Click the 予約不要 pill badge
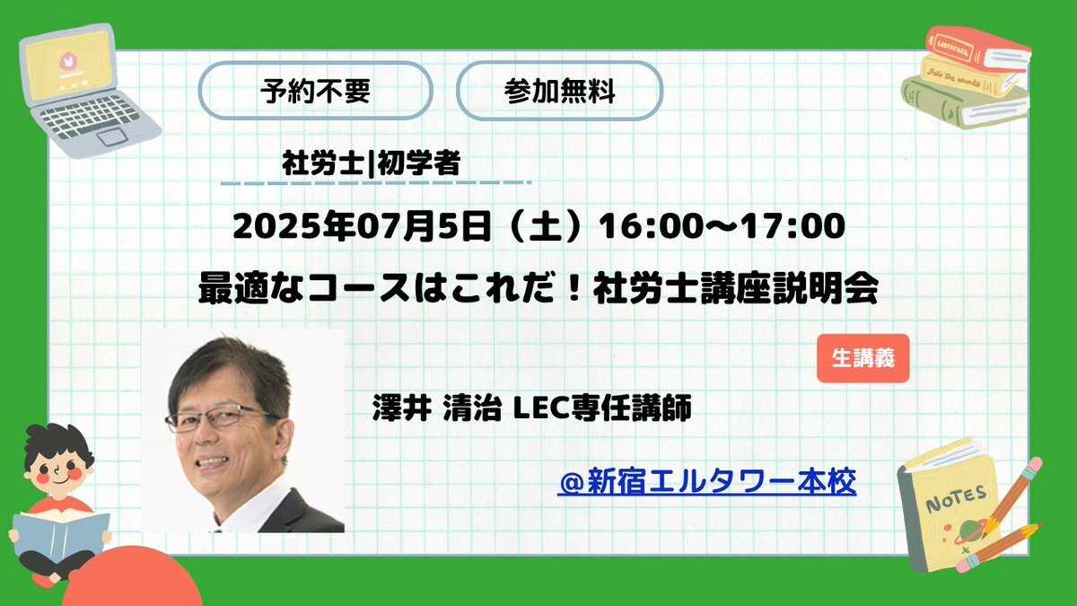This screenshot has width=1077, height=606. coord(315,91)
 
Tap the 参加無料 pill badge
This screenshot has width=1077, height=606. coord(560,91)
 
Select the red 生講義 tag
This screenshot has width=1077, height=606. coord(863,358)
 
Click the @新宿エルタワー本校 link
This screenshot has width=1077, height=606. coord(707,481)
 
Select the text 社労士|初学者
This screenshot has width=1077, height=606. coord(372,163)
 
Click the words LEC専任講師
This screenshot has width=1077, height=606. coord(603,408)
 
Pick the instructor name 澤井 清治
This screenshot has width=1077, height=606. coord(436,408)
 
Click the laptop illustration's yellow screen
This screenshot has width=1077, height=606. coord(68,64)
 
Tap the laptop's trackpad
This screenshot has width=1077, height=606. coord(112,136)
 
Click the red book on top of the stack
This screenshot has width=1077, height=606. coord(977,50)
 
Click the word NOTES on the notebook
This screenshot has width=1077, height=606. coord(956,498)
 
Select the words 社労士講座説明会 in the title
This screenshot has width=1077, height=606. coord(736,288)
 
